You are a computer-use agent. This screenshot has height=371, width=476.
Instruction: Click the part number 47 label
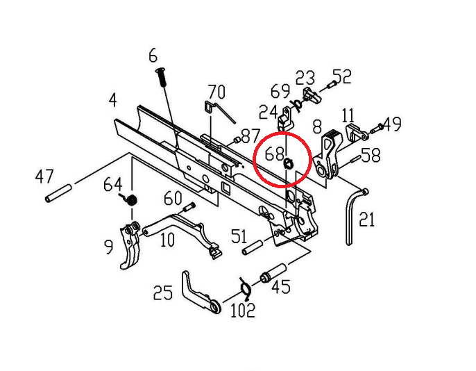coord(44,176)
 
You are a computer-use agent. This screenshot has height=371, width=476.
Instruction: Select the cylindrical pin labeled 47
coord(58,193)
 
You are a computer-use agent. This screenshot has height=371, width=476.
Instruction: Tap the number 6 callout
coord(153,56)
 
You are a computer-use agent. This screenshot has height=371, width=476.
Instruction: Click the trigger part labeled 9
coord(130,245)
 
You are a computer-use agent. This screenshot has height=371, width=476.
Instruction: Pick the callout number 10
coord(167,240)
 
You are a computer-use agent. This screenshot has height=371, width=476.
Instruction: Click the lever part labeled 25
coord(201,292)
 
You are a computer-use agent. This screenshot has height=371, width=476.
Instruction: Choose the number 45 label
coord(280,286)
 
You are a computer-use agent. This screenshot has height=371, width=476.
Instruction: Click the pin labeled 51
coord(253,247)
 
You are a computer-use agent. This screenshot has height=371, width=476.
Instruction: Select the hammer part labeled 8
coord(328,154)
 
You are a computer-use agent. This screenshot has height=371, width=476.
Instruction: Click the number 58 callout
coord(371,155)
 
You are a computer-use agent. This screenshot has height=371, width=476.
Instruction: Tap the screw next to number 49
coord(375,129)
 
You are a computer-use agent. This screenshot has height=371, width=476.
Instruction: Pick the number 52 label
coord(343,76)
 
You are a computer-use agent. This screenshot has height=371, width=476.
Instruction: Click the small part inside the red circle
coord(288,164)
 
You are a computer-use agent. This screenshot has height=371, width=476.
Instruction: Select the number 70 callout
coord(216,92)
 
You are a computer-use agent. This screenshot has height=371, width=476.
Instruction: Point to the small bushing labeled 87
coord(237,140)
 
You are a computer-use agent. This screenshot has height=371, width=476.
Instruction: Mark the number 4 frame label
coord(112,100)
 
